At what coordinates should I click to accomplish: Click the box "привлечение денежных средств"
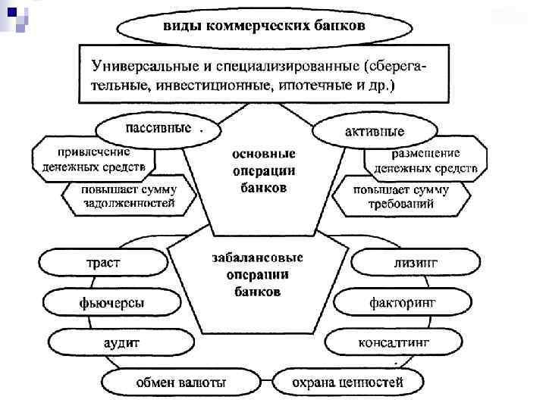[93, 158]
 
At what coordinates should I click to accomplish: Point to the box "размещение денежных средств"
[425, 160]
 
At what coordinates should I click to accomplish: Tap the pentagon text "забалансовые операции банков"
[258, 273]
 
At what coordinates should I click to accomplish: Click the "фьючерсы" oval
[111, 304]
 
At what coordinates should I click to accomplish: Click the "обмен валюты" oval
[180, 382]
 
